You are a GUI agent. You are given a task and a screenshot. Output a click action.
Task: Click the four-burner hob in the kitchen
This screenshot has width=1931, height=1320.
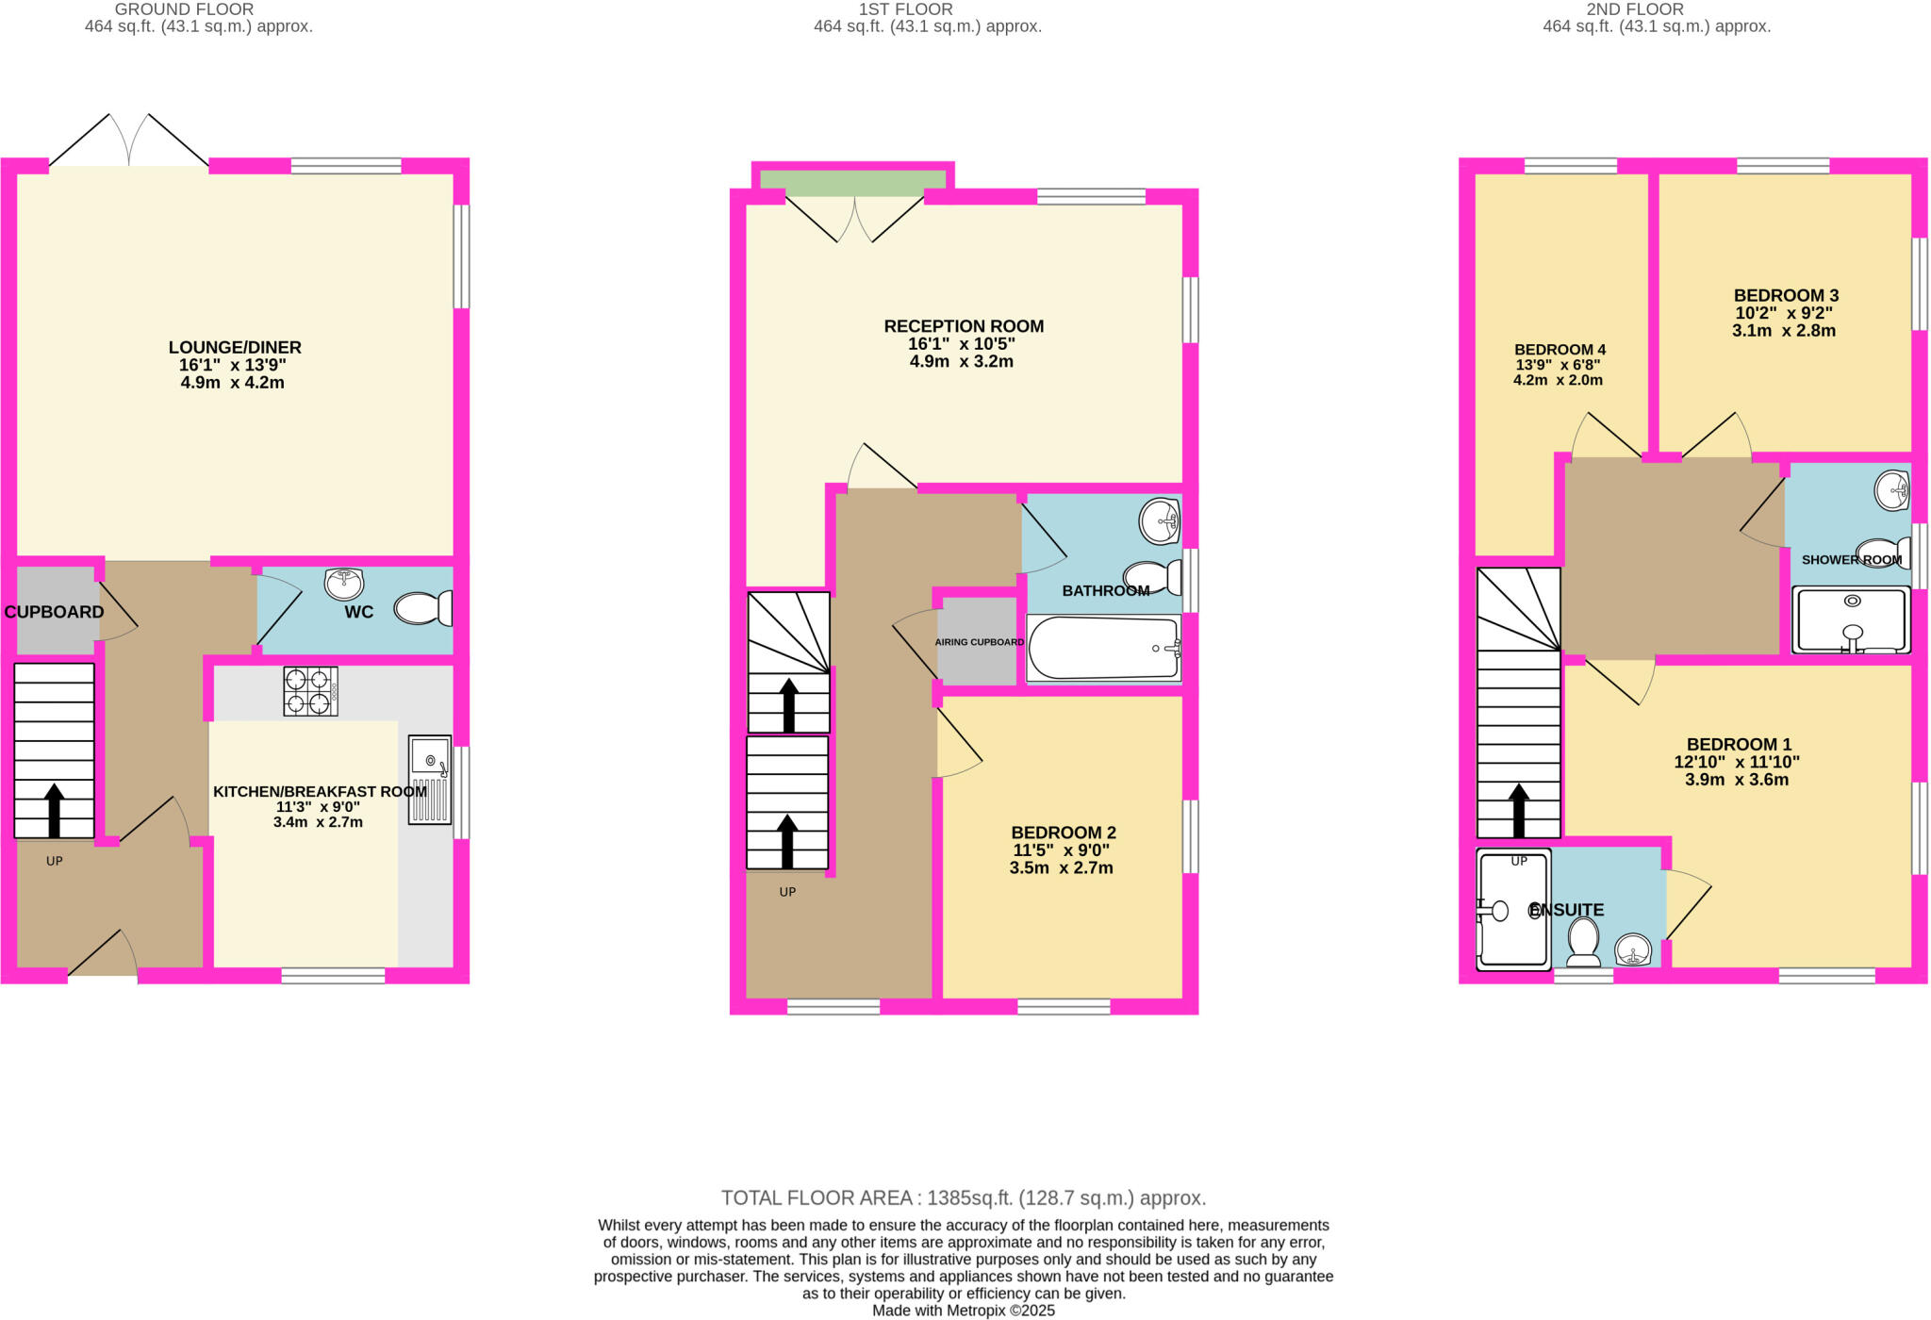(310, 691)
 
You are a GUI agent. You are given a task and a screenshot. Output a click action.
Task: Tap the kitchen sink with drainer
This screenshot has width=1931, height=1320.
(430, 780)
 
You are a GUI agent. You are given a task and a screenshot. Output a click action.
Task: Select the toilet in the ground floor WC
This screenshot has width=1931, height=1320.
(421, 608)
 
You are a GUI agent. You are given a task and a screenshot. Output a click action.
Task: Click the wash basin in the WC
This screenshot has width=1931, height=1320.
(344, 584)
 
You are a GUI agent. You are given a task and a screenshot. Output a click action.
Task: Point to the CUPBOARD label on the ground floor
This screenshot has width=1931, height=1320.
(54, 612)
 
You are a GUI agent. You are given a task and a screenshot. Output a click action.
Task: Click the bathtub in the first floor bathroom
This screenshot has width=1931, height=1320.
(1103, 649)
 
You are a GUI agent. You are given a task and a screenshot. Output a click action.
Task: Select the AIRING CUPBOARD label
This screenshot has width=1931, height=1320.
(979, 642)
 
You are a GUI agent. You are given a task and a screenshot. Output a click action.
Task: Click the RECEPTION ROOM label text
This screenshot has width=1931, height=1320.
(963, 326)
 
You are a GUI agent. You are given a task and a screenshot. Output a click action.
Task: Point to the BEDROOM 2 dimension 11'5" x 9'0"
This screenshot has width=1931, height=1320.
(1061, 850)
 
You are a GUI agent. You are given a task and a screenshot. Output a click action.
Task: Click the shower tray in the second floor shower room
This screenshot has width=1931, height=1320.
(1852, 619)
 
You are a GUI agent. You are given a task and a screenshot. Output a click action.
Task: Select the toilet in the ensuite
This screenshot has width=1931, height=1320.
(1583, 942)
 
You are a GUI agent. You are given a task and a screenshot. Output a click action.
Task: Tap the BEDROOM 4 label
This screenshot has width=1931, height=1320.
(1560, 349)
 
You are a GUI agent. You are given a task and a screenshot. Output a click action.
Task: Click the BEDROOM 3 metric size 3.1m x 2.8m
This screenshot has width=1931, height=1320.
(1783, 331)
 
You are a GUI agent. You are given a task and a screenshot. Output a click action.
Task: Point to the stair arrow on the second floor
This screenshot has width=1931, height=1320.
(1518, 810)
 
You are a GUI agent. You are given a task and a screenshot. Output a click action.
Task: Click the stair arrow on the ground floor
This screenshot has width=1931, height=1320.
(55, 810)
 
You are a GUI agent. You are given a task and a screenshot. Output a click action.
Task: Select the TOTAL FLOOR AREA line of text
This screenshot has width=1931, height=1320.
(963, 1197)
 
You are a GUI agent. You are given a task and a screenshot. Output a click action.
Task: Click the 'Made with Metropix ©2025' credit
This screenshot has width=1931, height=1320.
(963, 1311)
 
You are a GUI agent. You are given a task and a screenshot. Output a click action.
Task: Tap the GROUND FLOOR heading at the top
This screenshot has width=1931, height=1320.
(184, 9)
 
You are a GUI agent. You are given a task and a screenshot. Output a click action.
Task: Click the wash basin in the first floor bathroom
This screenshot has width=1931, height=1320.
(1159, 520)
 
